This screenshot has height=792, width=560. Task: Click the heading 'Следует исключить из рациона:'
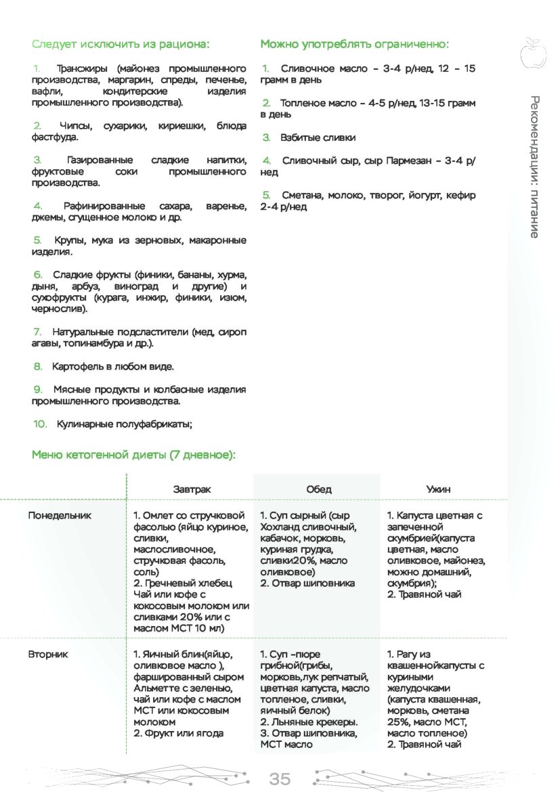(x=121, y=45)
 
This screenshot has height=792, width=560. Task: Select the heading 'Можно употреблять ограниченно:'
(x=354, y=45)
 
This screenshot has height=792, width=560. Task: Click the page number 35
(x=280, y=779)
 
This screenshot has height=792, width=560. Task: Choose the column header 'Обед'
(x=318, y=489)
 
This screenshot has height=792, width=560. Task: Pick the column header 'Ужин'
(x=439, y=489)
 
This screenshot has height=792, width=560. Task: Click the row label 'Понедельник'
(x=60, y=516)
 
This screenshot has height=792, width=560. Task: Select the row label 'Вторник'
(x=48, y=655)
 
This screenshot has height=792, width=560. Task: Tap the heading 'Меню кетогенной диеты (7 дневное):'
(x=133, y=455)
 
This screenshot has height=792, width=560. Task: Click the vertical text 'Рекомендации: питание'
(x=534, y=167)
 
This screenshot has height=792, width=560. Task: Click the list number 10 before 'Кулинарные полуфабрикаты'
(x=39, y=424)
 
